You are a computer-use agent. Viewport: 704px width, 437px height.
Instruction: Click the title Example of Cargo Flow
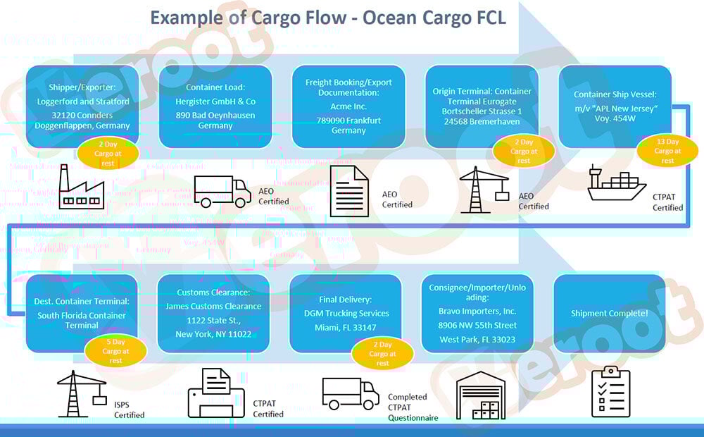[x=328, y=17]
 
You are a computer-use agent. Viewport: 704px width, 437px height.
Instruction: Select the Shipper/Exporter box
[x=82, y=106]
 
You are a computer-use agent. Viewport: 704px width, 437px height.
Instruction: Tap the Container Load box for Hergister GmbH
[x=215, y=106]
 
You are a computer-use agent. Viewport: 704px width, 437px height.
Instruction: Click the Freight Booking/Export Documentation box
[x=348, y=106]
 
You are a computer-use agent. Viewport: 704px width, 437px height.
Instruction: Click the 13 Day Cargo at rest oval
[x=667, y=151]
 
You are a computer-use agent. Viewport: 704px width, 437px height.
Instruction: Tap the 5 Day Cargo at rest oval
[x=115, y=351]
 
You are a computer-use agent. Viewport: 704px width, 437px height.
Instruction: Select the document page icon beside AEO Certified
[x=349, y=190]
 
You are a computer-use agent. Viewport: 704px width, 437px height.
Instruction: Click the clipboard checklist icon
[x=611, y=392]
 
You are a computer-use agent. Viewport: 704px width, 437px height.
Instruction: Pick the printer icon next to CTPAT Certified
[x=215, y=393]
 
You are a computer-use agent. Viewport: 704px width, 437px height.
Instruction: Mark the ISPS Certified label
[x=129, y=409]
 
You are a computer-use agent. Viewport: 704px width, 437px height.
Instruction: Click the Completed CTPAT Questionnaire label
[x=413, y=407]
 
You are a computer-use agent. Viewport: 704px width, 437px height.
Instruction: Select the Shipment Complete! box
[x=610, y=313]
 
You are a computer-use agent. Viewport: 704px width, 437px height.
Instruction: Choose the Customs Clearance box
[x=213, y=312]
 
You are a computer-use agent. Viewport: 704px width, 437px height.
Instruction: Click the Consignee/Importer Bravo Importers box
[x=477, y=312]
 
